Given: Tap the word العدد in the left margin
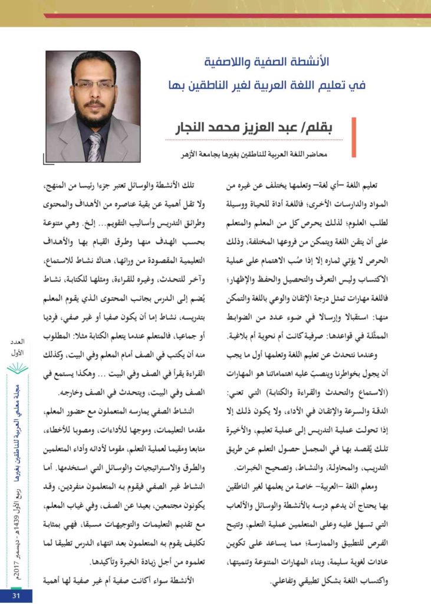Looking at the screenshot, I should point(17,343).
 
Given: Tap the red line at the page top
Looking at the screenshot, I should point(236,16).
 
